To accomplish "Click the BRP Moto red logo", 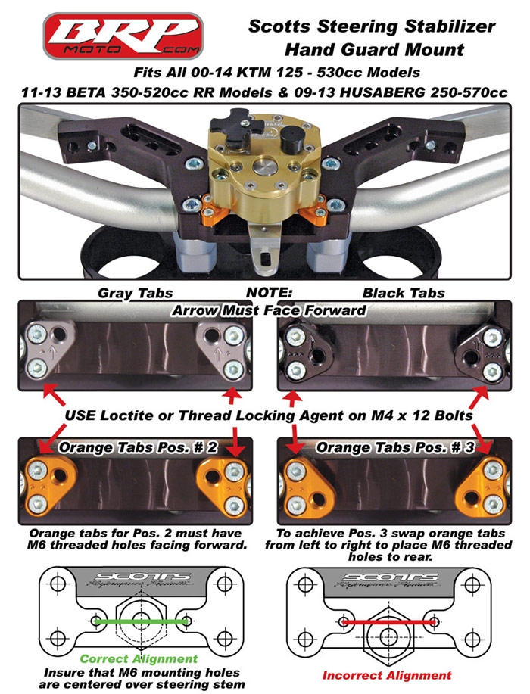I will pyautogui.click(x=123, y=36).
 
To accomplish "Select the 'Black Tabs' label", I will pyautogui.click(x=393, y=292).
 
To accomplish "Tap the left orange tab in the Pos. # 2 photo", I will pyautogui.click(x=46, y=484).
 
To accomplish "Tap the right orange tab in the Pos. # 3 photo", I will pyautogui.click(x=485, y=485).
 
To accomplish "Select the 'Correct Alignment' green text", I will pyautogui.click(x=139, y=658).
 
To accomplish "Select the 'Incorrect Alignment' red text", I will pyautogui.click(x=387, y=674).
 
